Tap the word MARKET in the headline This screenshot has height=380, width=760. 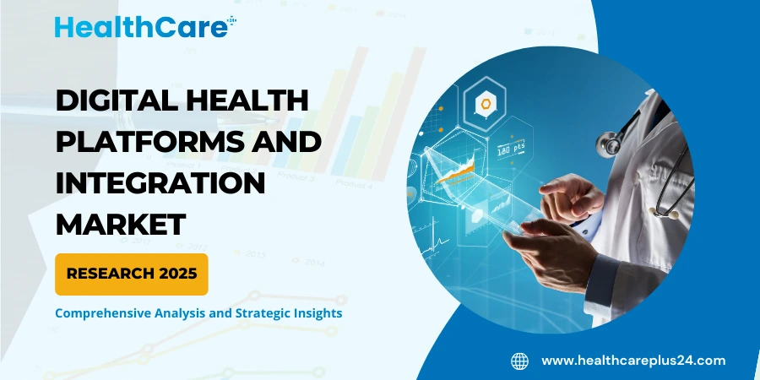pos(120,224)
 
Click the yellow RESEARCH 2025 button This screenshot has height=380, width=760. pos(131,274)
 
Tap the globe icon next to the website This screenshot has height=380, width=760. pos(519,361)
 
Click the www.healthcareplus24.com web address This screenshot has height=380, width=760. pos(633,361)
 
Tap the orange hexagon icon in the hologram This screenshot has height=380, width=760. pos(486,106)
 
